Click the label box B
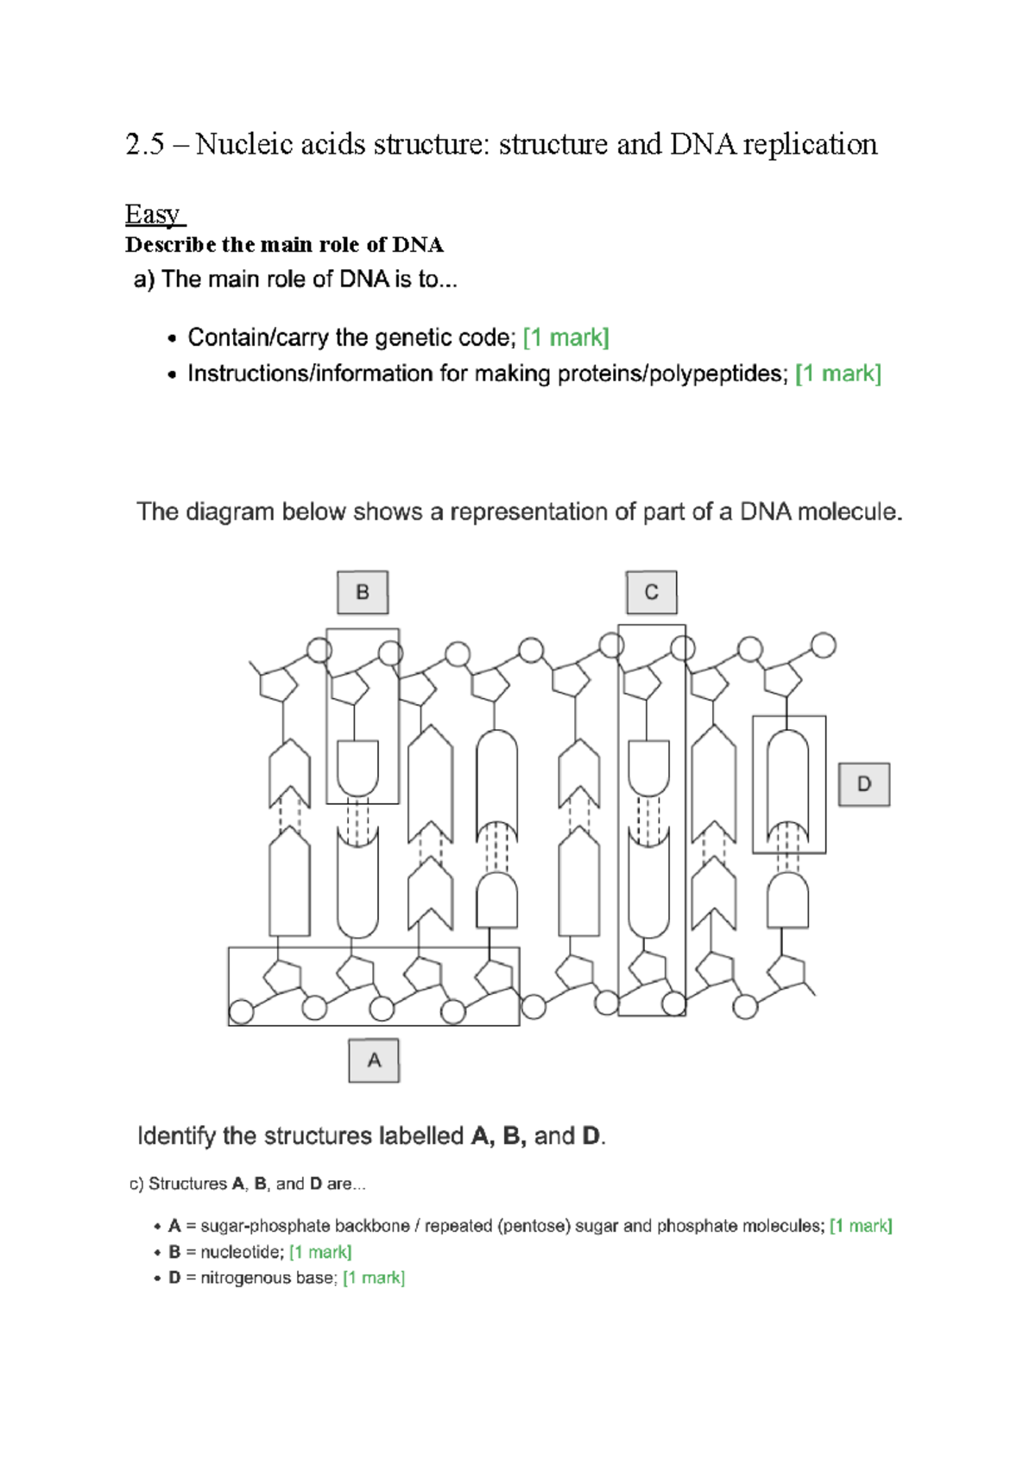(x=363, y=593)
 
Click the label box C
(x=651, y=593)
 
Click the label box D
(x=863, y=784)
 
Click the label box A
(x=374, y=1060)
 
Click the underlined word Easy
(x=153, y=214)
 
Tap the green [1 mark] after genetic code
(x=566, y=337)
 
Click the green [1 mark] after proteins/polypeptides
(x=837, y=374)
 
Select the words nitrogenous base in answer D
(x=266, y=1278)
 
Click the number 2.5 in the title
(x=144, y=144)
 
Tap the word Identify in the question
(x=176, y=1136)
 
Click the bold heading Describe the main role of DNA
(x=284, y=245)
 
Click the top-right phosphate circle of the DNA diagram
(x=824, y=644)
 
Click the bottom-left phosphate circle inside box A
(x=242, y=1011)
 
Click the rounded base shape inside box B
(x=357, y=767)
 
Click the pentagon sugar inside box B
(x=351, y=688)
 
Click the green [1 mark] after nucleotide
(x=320, y=1252)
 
